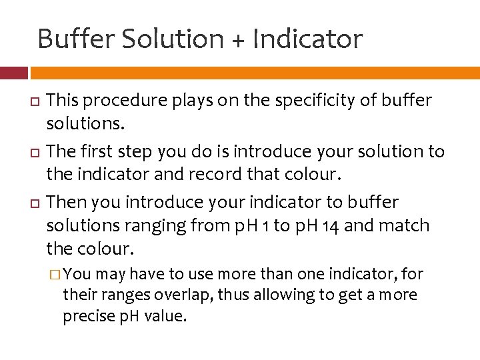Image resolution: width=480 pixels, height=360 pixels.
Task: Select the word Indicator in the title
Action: click(x=307, y=39)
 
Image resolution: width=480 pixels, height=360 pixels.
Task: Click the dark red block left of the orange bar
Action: click(x=13, y=73)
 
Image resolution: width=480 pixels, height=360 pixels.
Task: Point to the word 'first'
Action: click(x=101, y=151)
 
